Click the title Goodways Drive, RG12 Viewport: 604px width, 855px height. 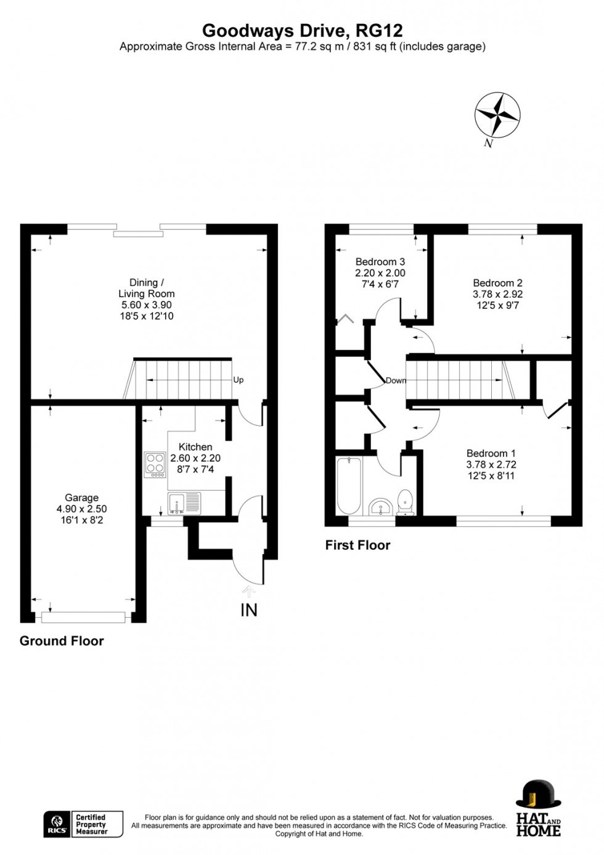tap(302, 31)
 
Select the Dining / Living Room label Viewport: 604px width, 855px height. tap(147, 288)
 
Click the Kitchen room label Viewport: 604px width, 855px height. tap(195, 447)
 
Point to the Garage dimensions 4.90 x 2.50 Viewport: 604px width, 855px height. tap(81, 509)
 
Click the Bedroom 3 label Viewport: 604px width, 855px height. tap(380, 262)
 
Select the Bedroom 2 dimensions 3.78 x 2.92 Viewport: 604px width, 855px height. tap(497, 295)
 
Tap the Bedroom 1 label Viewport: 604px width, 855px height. tap(491, 453)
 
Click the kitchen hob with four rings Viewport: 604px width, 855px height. tap(155, 465)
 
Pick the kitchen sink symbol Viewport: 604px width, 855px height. tap(184, 503)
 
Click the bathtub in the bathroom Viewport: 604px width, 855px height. tap(349, 485)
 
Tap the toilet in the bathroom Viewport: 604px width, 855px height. tap(405, 502)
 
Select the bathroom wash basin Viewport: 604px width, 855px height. tap(381, 507)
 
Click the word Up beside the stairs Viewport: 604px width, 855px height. tap(239, 380)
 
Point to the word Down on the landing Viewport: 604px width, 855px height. tap(396, 380)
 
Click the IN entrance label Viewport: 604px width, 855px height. tap(248, 610)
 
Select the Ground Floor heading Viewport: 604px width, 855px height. tap(62, 641)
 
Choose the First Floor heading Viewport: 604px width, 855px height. tap(357, 546)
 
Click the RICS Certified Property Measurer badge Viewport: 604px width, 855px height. tap(83, 824)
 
